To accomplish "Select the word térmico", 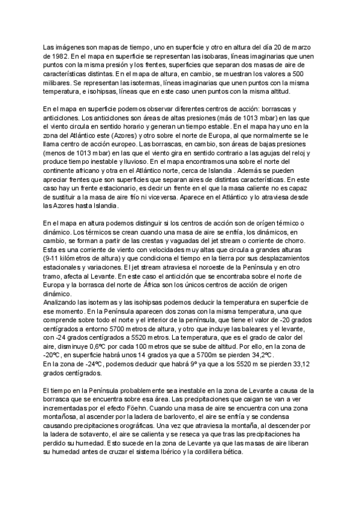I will click(x=280, y=223).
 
